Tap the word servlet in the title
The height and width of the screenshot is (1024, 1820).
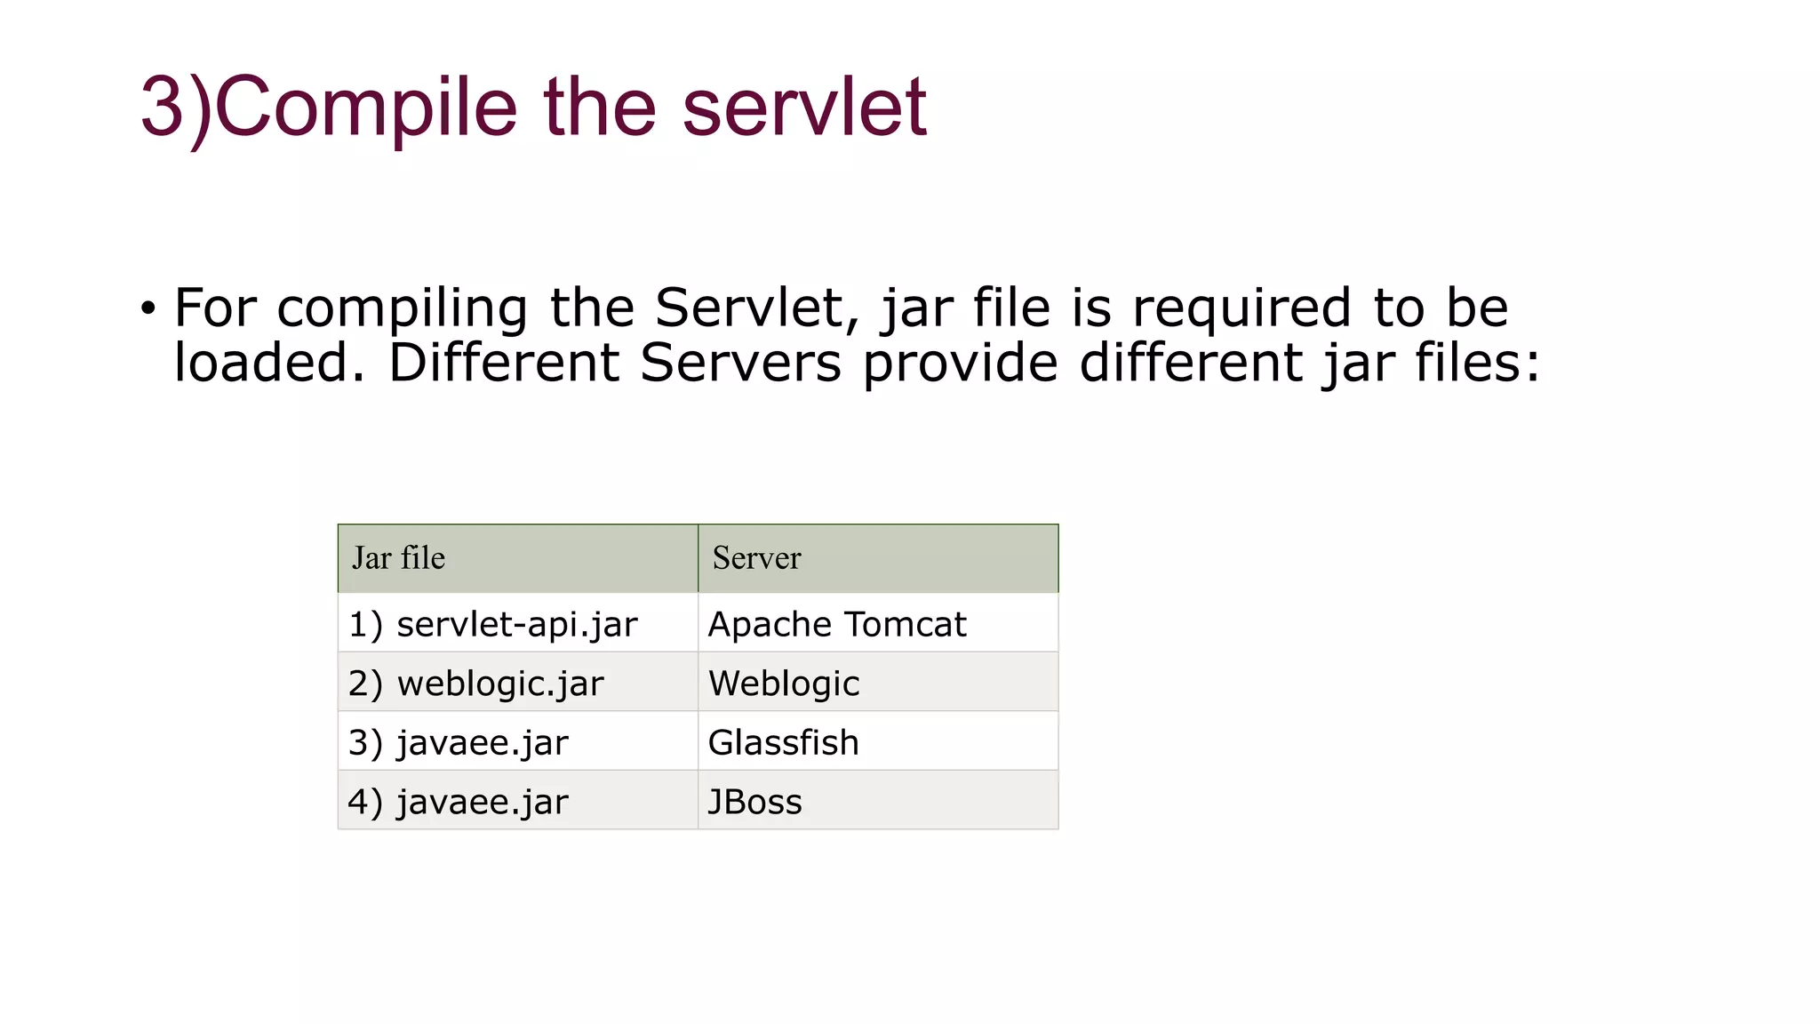click(804, 107)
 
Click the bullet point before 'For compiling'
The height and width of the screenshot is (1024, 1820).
click(148, 309)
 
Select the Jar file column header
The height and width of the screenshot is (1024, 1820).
click(399, 558)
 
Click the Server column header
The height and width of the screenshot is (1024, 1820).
click(757, 558)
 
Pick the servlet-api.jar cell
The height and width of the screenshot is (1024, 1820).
click(493, 624)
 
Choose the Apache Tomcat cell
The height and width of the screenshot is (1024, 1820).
click(836, 624)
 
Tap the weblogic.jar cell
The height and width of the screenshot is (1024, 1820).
click(476, 684)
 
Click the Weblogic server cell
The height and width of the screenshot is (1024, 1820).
click(784, 684)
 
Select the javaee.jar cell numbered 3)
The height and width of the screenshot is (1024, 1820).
click(459, 742)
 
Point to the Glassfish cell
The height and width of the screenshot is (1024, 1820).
click(783, 742)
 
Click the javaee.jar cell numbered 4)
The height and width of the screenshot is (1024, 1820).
click(459, 802)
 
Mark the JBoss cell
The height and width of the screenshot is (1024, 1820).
click(754, 802)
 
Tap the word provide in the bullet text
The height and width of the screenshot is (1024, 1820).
click(960, 364)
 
